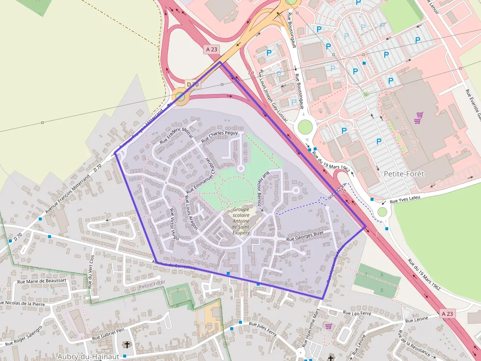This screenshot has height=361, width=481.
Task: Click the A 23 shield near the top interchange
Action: (x=212, y=49)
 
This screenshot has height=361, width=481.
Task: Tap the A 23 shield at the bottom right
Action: (x=447, y=313)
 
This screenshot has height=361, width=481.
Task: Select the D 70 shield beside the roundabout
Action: (x=193, y=85)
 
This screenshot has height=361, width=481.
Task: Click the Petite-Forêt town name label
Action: (x=404, y=174)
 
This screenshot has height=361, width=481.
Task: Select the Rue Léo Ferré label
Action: (x=357, y=313)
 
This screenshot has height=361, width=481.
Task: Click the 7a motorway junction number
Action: (x=251, y=73)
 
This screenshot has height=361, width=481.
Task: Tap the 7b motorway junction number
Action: (x=342, y=191)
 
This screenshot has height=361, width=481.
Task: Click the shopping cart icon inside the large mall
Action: (x=419, y=117)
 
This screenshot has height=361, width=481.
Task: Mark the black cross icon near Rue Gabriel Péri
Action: (x=127, y=345)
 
